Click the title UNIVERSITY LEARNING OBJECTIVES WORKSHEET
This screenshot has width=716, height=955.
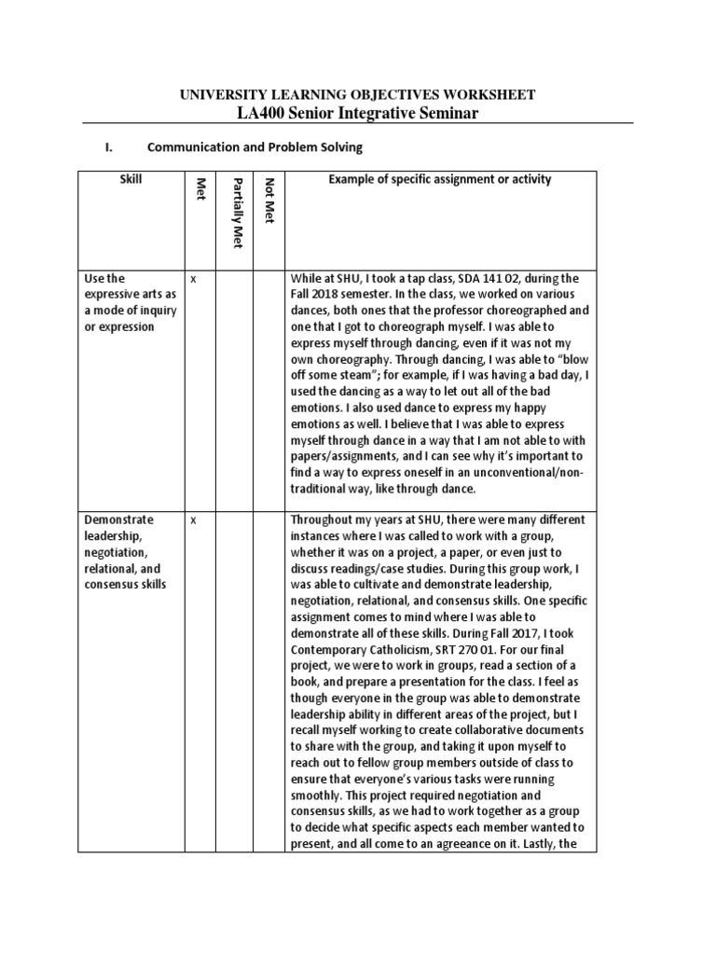(357, 94)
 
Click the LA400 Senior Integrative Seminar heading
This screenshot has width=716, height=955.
(357, 113)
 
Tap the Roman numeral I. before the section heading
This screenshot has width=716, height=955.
(107, 147)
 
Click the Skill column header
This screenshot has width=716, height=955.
(131, 179)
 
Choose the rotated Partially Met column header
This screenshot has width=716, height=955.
(237, 212)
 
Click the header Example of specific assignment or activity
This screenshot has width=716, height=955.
(439, 179)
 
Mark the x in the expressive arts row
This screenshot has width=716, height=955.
(193, 278)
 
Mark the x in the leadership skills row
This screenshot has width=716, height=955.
(193, 519)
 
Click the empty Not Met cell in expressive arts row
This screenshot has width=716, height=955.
(269, 382)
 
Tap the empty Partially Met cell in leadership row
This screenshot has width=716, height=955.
(237, 681)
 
